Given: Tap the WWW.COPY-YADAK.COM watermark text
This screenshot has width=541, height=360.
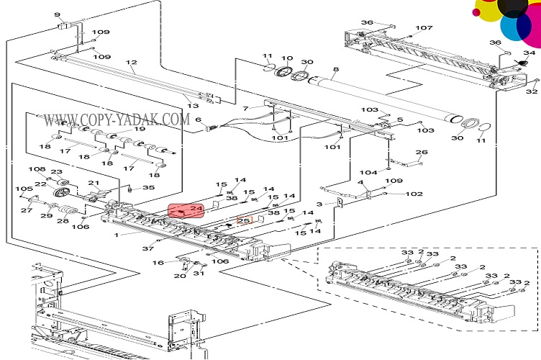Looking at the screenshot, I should pyautogui.click(x=115, y=118).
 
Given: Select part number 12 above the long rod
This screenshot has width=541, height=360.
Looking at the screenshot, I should pyautogui.click(x=130, y=63).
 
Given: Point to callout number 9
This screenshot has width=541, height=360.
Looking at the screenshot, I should pyautogui.click(x=57, y=13).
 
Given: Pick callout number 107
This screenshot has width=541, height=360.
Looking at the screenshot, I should pyautogui.click(x=424, y=29).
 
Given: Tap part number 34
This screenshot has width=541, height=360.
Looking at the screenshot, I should pyautogui.click(x=529, y=53).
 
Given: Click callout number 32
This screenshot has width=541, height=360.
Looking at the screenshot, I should pyautogui.click(x=532, y=91).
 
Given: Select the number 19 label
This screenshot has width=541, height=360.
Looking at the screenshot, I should pyautogui.click(x=139, y=130).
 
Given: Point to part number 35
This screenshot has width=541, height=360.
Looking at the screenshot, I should pyautogui.click(x=149, y=188).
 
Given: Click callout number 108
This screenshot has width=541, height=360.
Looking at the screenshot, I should pyautogui.click(x=37, y=170).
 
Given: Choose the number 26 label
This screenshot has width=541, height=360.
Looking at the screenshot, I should pyautogui.click(x=422, y=152).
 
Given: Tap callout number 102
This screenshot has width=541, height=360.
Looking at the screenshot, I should pyautogui.click(x=414, y=194).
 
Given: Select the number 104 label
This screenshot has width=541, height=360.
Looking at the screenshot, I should pyautogui.click(x=369, y=173).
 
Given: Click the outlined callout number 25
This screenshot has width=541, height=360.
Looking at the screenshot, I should pyautogui.click(x=243, y=221).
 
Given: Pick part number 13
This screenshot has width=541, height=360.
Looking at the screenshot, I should pyautogui.click(x=194, y=106).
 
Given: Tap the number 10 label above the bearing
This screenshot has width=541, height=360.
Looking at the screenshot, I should pyautogui.click(x=286, y=58).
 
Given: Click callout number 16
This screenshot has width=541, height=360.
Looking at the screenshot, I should pyautogui.click(x=159, y=262).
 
